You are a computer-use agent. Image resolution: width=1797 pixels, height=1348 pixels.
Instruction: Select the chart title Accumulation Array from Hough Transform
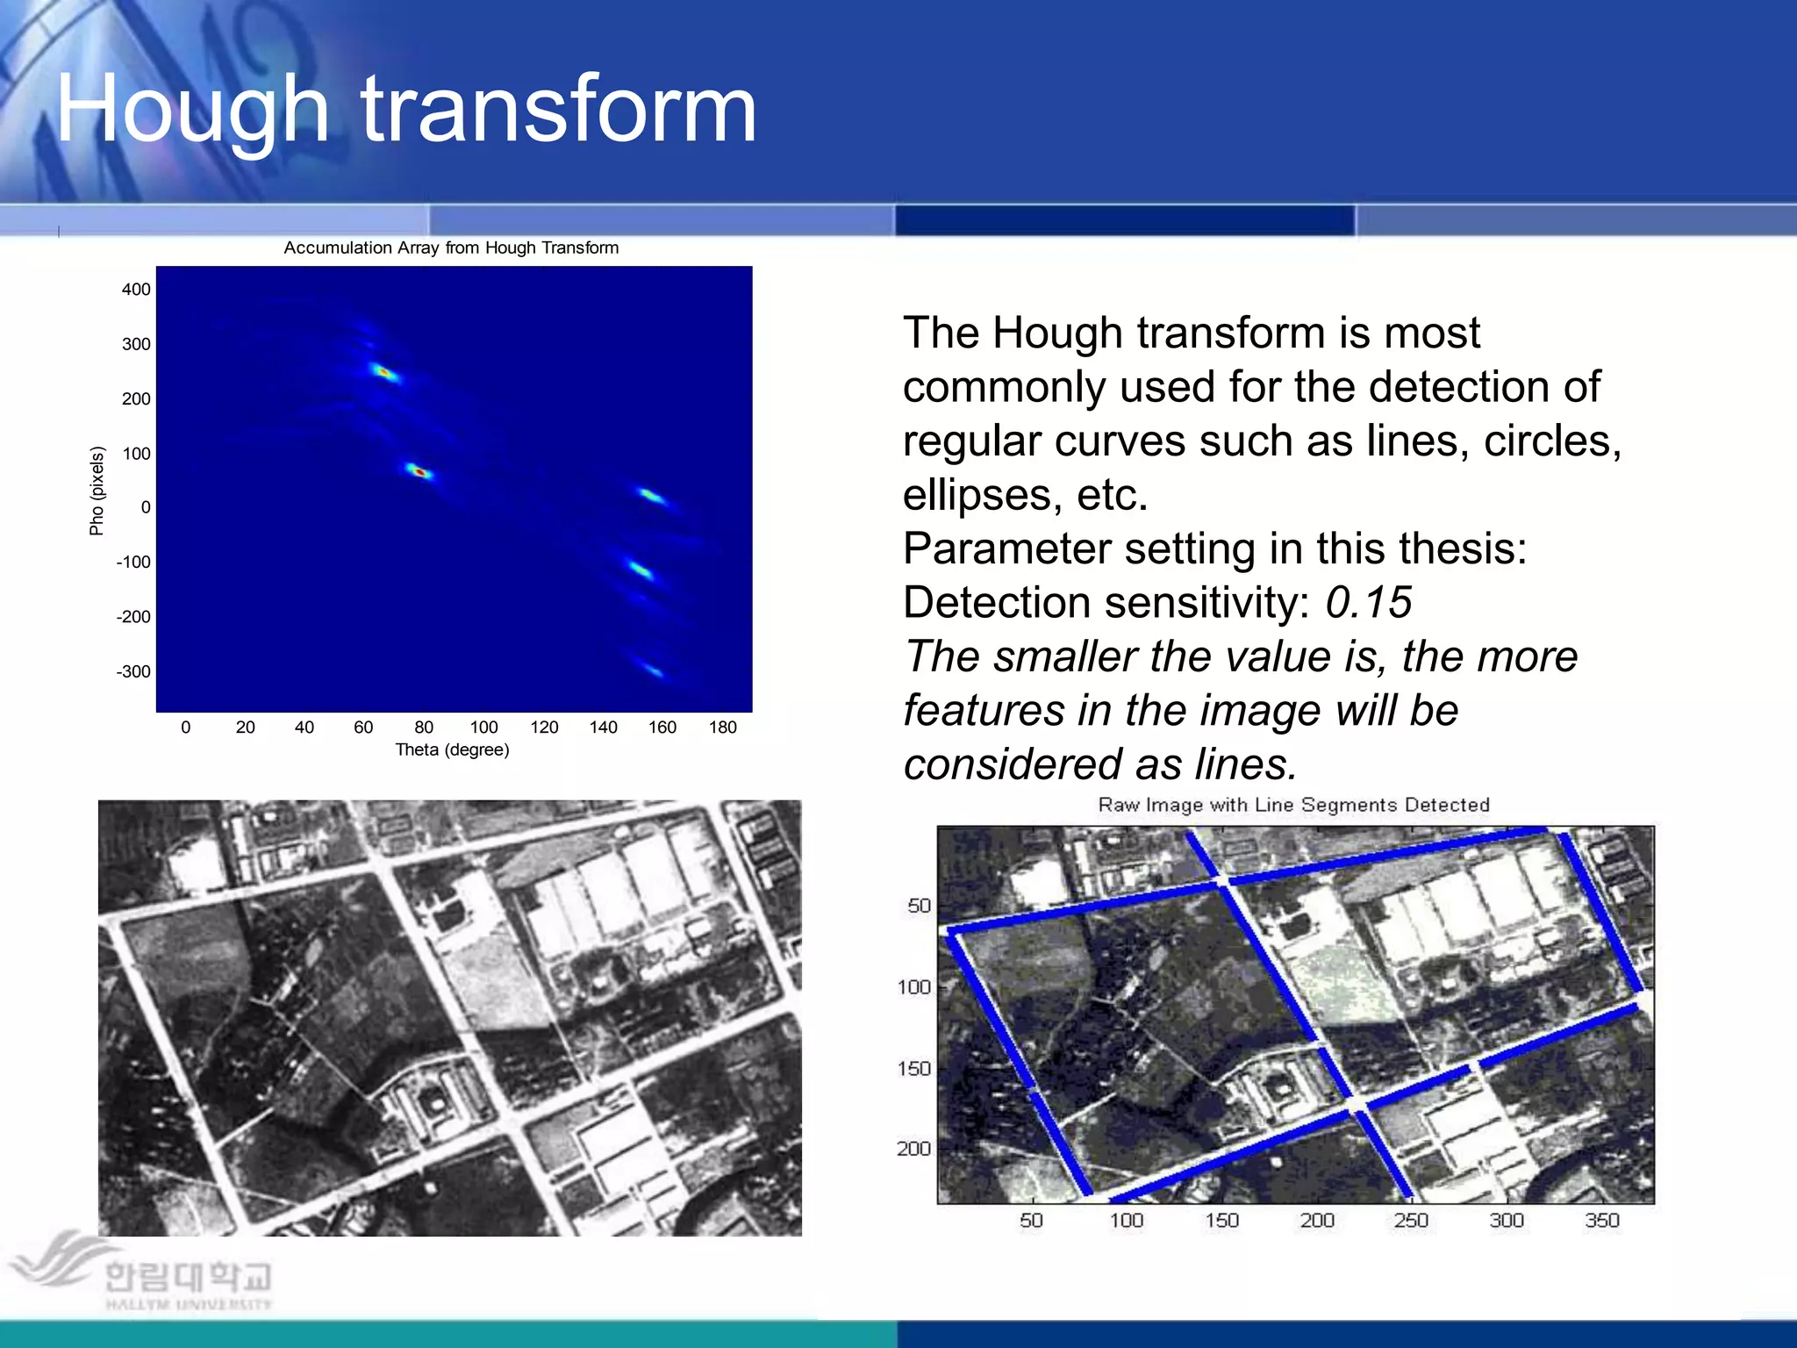(451, 248)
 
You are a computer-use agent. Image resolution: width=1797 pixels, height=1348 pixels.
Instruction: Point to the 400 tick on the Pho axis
(136, 290)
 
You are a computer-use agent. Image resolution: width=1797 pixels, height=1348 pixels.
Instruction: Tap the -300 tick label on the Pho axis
(133, 672)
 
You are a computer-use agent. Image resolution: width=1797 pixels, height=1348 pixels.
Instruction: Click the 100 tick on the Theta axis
(483, 728)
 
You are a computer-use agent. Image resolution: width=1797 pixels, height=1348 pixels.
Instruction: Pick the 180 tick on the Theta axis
(722, 728)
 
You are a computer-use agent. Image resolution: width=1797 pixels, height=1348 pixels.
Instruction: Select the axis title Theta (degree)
(452, 750)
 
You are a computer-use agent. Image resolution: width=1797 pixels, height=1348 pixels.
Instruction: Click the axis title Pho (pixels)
(97, 491)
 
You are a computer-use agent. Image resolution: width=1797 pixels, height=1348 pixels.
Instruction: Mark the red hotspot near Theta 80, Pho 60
(419, 472)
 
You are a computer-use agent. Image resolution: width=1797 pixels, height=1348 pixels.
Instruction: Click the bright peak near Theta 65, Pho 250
(383, 372)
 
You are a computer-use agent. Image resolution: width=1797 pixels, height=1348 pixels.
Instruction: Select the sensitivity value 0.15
(1368, 603)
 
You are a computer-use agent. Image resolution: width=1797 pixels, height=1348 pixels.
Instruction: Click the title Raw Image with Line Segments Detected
(1293, 805)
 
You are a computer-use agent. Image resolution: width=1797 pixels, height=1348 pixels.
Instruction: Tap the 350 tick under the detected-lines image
(1601, 1221)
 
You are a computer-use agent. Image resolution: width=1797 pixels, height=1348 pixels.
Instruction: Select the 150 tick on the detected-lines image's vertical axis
(913, 1069)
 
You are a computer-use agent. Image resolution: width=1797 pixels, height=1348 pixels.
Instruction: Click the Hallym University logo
(140, 1273)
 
